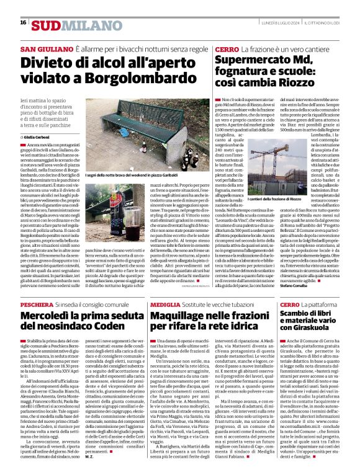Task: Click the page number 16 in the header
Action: coord(23,23)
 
